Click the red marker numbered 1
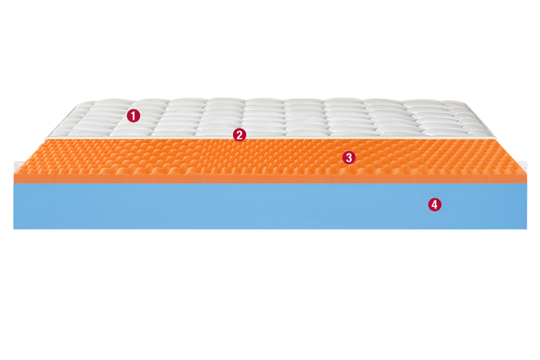(x=133, y=115)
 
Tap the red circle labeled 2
(x=239, y=134)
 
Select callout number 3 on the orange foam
(x=349, y=158)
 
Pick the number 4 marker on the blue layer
(x=434, y=204)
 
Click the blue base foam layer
(x=270, y=206)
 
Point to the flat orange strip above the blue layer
(x=270, y=178)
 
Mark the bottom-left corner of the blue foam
(x=14, y=229)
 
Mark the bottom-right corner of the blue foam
(x=527, y=229)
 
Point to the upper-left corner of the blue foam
(x=14, y=183)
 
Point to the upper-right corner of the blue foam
(x=527, y=183)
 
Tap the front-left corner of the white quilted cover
(x=46, y=137)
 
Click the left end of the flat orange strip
(x=14, y=178)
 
